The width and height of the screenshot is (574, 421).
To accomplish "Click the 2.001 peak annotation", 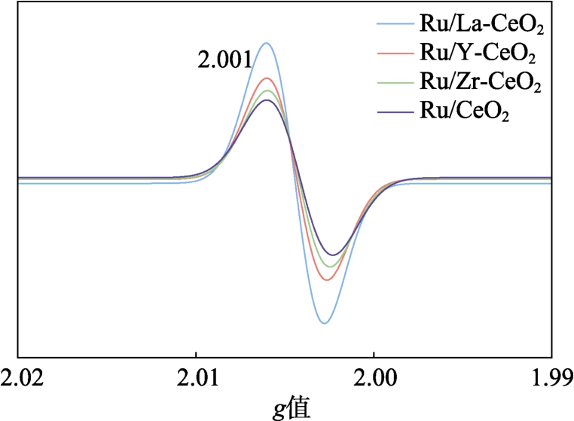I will [224, 60].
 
